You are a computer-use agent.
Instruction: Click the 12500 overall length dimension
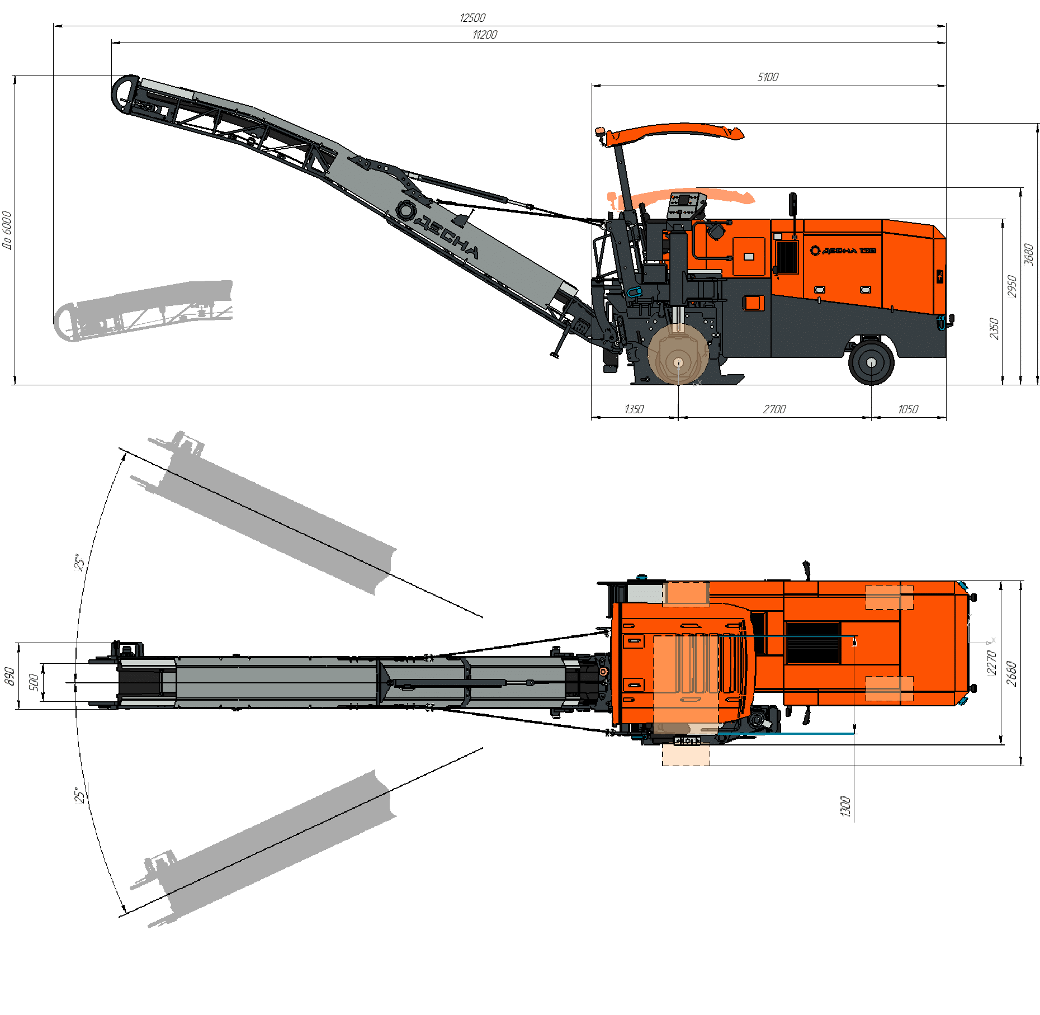point(472,18)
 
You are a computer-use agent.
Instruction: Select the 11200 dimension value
point(485,35)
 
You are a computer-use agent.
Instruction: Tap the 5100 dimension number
point(768,77)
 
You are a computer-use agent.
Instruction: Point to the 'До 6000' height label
point(7,229)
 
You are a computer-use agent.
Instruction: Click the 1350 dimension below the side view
point(634,409)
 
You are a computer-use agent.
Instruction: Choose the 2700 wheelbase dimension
point(774,409)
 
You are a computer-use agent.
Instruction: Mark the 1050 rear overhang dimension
point(908,409)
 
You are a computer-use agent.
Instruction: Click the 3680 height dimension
point(1028,254)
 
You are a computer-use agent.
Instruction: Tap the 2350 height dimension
point(994,328)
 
